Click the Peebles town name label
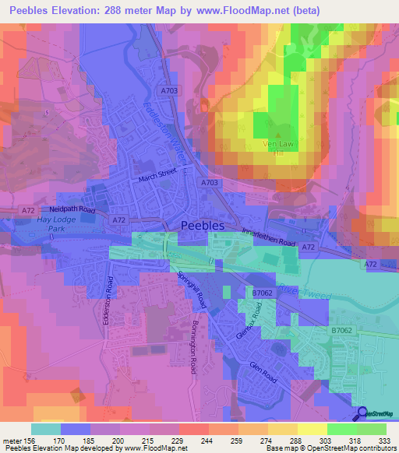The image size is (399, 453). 202,224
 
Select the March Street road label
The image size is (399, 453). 159,177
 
